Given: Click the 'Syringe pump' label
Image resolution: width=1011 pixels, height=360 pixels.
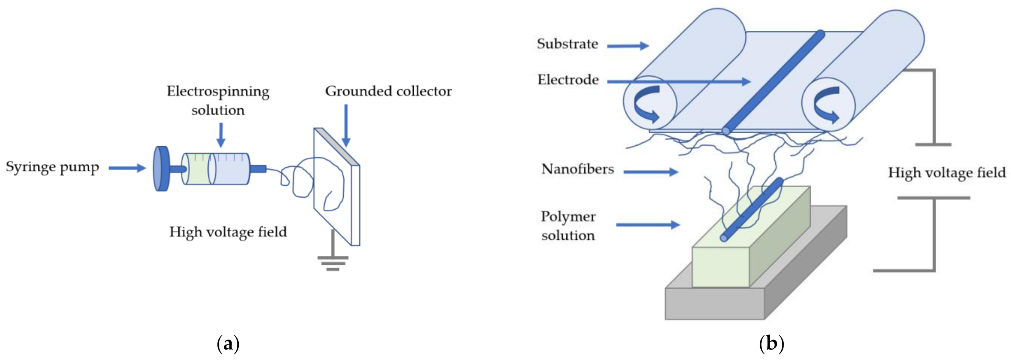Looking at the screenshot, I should (52, 167).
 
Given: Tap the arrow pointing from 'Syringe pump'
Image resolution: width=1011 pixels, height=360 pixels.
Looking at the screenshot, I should (127, 168).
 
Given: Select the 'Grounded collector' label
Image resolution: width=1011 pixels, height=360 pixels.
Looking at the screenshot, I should (388, 91).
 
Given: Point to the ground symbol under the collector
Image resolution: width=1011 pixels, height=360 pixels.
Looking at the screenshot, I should (333, 261).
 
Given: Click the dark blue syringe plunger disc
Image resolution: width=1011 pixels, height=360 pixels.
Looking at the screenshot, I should (161, 169).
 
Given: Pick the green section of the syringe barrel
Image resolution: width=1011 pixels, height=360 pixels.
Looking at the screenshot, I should (196, 169).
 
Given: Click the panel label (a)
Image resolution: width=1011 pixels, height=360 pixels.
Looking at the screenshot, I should (228, 344).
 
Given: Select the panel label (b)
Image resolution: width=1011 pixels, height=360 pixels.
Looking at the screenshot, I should (771, 344).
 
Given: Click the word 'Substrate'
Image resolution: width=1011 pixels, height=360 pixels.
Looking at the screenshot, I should (567, 44).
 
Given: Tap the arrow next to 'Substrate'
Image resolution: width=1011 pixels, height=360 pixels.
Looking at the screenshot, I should (628, 46).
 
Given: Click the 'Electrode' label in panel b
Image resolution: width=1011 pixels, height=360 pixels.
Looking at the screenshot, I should (568, 80).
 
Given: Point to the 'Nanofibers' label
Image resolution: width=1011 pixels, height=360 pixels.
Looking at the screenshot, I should (577, 169).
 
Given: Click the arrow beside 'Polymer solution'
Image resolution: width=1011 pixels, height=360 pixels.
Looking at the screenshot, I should (648, 225).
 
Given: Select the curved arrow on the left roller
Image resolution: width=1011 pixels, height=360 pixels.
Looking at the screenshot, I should (647, 104).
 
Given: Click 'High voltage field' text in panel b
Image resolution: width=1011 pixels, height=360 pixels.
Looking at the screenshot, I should (946, 173).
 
